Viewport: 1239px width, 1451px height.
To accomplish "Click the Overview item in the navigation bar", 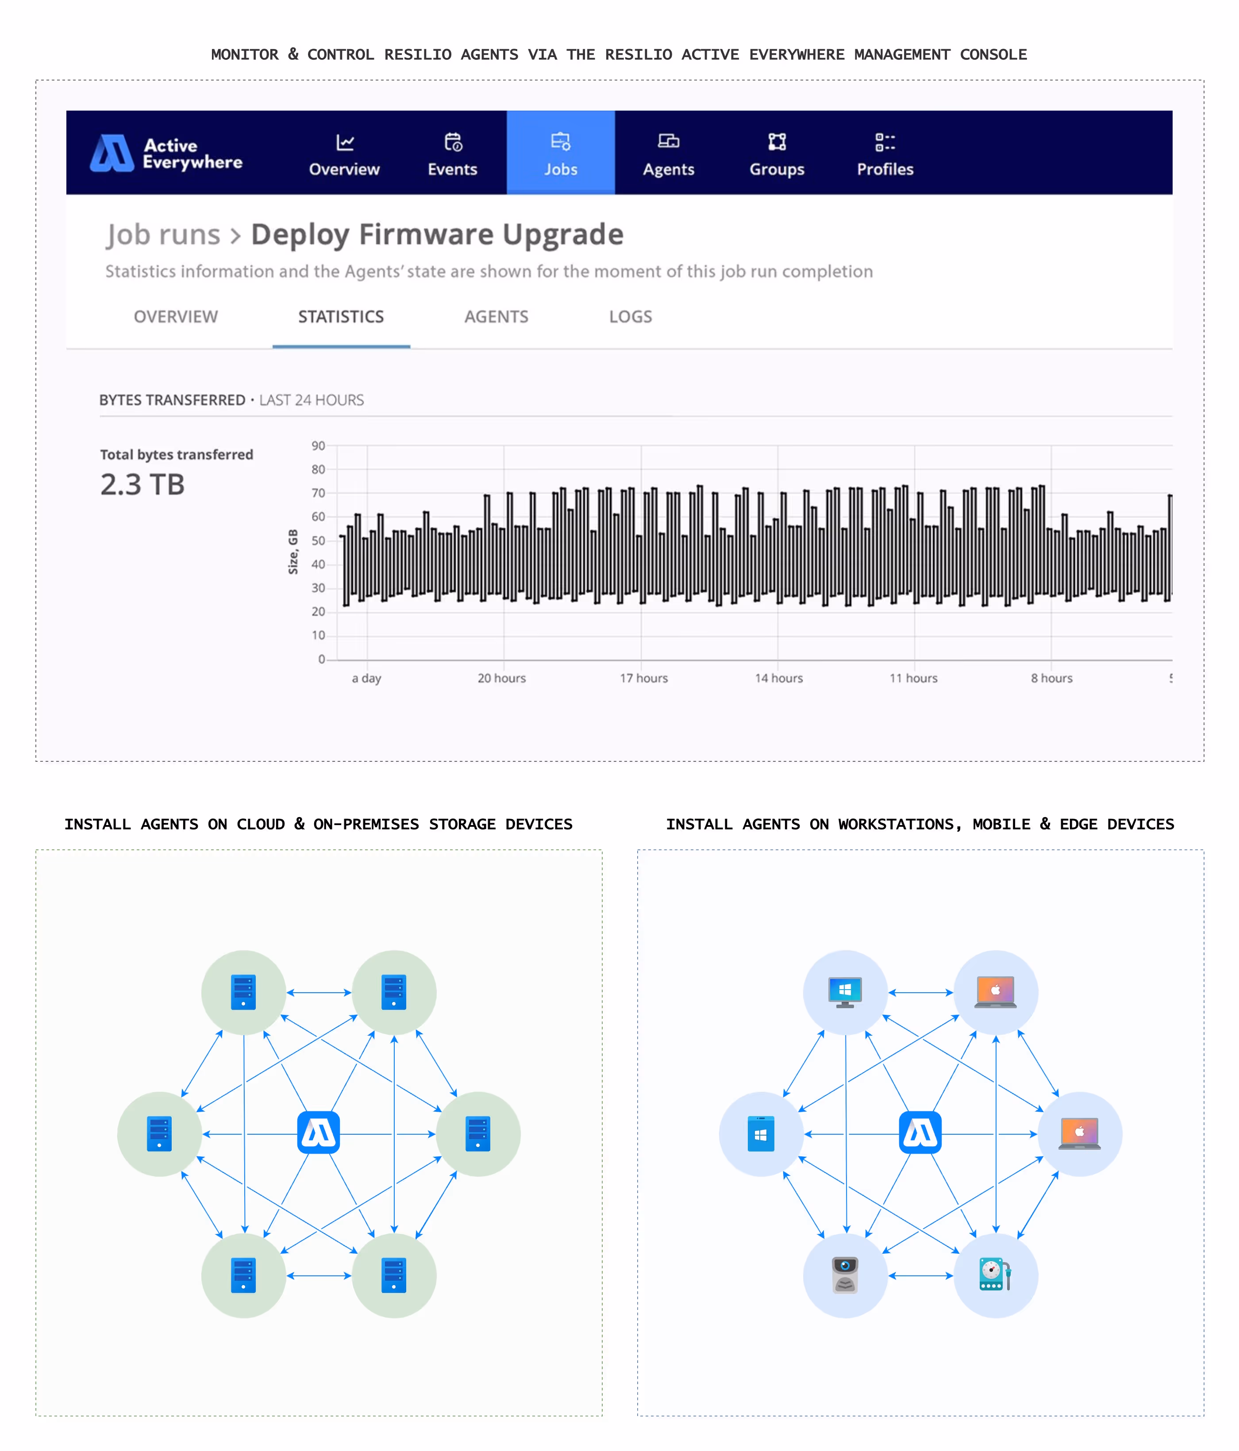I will pyautogui.click(x=344, y=154).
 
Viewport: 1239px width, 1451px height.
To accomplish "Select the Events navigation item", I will pyautogui.click(x=452, y=154).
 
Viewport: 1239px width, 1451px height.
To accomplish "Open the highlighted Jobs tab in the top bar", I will pyautogui.click(x=560, y=154).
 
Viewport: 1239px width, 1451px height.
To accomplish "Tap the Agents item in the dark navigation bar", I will pyautogui.click(x=668, y=154).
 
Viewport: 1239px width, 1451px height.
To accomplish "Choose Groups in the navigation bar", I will pyautogui.click(x=777, y=154).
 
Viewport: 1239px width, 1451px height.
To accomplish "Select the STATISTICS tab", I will pyautogui.click(x=341, y=317).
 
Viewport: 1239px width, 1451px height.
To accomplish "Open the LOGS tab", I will pyautogui.click(x=631, y=317).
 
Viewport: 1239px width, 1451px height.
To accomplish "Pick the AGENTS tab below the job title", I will pyautogui.click(x=496, y=317).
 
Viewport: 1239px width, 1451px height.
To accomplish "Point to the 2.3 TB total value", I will pyautogui.click(x=142, y=484).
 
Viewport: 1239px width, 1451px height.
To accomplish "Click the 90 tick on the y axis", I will pyautogui.click(x=318, y=446).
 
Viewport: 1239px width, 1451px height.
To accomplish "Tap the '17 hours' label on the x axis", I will pyautogui.click(x=643, y=678).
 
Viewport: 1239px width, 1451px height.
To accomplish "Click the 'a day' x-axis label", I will pyautogui.click(x=366, y=678).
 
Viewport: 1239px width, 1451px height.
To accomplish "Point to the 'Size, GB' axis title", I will pyautogui.click(x=293, y=552).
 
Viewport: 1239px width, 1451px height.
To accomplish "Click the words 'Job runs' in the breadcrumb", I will pyautogui.click(x=163, y=234).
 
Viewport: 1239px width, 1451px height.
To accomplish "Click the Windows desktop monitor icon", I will pyautogui.click(x=845, y=992).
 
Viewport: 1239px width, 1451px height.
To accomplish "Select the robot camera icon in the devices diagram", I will pyautogui.click(x=845, y=1274).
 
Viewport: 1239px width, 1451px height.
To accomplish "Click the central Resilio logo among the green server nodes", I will pyautogui.click(x=319, y=1132).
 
